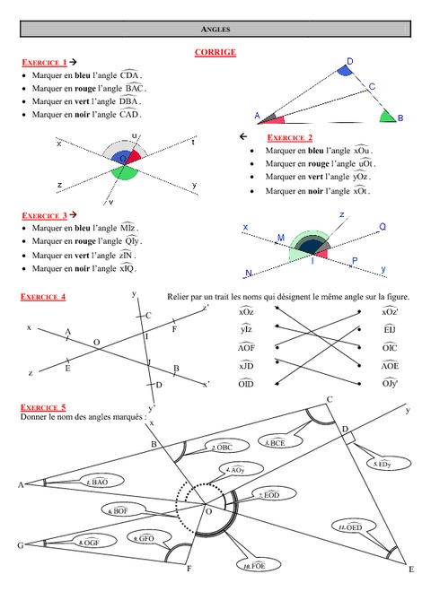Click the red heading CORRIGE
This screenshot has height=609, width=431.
(x=215, y=52)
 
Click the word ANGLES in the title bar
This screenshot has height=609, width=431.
(x=215, y=30)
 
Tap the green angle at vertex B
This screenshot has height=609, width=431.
(x=386, y=116)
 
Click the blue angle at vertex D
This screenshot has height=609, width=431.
(x=346, y=72)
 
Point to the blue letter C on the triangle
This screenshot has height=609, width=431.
(x=371, y=87)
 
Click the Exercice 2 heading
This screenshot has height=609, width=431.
(x=290, y=138)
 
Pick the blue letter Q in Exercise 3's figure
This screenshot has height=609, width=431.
(x=382, y=227)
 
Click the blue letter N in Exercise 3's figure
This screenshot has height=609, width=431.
(x=248, y=273)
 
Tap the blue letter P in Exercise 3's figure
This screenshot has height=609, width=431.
(x=354, y=261)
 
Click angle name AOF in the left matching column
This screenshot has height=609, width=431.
(x=247, y=347)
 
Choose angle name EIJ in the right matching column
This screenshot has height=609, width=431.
(x=389, y=329)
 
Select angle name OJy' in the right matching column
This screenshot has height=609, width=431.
(x=389, y=383)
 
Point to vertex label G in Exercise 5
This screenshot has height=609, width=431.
(x=20, y=544)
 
